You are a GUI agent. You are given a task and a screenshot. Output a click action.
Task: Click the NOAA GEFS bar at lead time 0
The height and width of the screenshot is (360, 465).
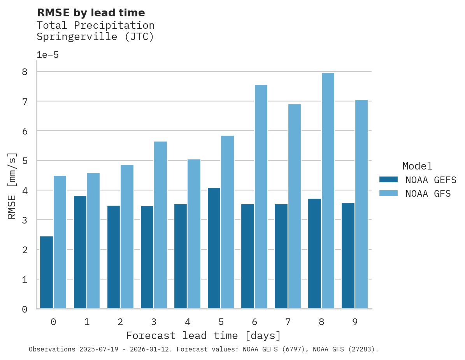[46, 273]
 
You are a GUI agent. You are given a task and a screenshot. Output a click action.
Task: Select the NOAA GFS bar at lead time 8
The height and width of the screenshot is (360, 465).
[328, 191]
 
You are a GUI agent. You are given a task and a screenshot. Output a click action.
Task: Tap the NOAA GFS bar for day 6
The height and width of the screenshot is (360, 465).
[261, 197]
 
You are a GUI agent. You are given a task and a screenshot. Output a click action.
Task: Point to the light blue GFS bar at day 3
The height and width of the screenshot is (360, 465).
[160, 225]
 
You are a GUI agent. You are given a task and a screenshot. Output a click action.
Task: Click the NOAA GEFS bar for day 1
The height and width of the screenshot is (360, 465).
[80, 252]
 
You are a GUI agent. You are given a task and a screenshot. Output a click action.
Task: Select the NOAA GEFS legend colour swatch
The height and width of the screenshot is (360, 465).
[388, 179]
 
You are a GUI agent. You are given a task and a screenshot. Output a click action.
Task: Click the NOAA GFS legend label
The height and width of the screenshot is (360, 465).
[428, 194]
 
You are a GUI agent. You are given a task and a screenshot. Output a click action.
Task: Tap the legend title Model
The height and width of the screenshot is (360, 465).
[417, 166]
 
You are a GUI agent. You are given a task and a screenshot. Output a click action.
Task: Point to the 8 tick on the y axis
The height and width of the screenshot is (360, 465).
[25, 72]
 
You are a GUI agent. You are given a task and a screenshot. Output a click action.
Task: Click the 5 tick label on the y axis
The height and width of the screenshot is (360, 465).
[25, 161]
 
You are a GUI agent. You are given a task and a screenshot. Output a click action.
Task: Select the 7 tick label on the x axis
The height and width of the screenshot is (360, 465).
[288, 322]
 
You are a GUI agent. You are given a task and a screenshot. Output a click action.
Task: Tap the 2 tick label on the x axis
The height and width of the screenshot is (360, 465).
[120, 322]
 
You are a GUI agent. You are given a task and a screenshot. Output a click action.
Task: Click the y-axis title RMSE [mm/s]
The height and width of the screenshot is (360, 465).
[12, 185]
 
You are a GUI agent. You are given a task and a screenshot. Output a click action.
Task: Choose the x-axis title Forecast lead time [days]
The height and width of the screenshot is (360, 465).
[203, 336]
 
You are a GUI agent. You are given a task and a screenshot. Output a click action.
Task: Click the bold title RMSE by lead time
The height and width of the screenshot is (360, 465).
[91, 13]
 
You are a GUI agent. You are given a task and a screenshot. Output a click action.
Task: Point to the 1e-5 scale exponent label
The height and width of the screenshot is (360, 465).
[47, 55]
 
